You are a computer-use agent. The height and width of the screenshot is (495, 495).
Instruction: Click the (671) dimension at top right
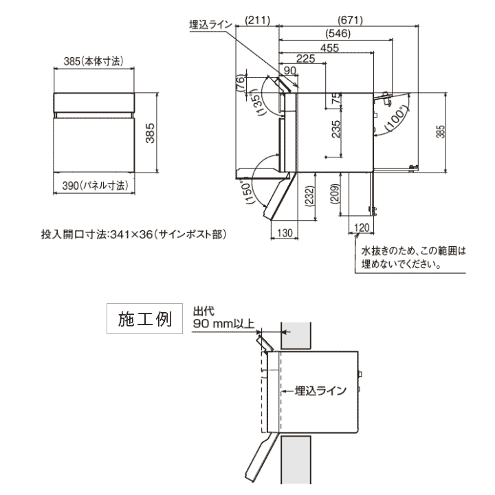point(350,20)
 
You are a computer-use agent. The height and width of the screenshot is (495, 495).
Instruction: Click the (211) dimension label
point(256,20)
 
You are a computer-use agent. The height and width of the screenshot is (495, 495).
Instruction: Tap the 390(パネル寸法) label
point(94,185)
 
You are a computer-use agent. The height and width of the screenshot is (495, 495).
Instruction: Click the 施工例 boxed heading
point(144,320)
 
